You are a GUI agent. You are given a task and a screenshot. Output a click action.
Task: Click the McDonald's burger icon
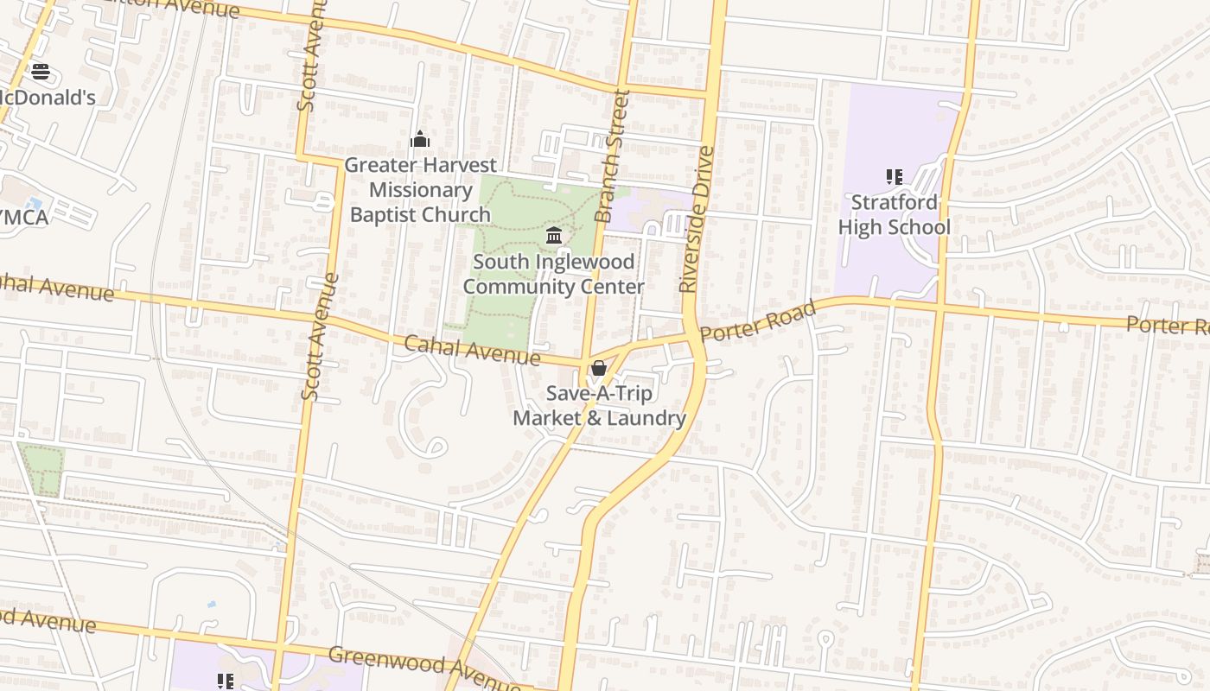pos(40,71)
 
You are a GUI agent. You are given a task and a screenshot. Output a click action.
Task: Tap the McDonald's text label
pos(48,97)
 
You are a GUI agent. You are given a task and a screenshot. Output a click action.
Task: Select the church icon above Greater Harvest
pos(420,139)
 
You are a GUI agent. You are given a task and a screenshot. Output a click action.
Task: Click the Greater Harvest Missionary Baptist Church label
pos(421,190)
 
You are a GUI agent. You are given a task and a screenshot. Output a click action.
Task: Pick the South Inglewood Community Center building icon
pos(554,235)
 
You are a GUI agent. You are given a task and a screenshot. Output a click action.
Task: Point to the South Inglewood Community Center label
pos(554,274)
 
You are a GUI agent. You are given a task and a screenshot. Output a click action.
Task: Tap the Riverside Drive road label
pos(697,219)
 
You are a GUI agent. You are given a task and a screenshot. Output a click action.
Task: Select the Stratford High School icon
pos(894,177)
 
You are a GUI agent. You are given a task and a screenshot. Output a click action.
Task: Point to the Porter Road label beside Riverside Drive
pos(758,321)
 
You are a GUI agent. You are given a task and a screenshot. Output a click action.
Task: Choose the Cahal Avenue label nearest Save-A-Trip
pos(472,351)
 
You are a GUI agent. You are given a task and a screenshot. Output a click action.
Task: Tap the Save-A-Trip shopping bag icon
pos(598,369)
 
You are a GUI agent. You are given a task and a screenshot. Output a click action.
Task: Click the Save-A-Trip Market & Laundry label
pos(600,406)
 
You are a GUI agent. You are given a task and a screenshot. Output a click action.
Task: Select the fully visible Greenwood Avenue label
pos(423,667)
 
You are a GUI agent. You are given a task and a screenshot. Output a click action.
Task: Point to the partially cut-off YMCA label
pos(24,217)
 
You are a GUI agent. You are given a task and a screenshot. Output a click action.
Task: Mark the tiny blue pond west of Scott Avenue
pos(212,605)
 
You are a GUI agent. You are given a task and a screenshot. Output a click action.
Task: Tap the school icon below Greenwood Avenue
pos(226,681)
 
